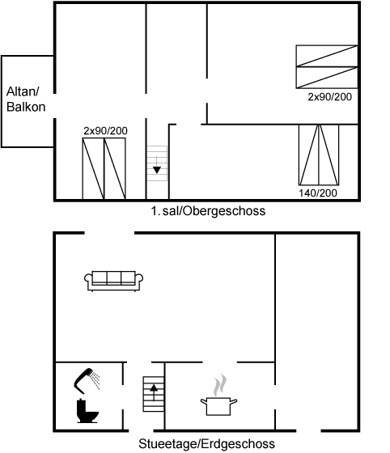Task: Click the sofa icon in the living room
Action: (x=113, y=281)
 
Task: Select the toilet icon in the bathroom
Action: (x=87, y=411)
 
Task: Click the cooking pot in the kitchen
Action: (x=218, y=406)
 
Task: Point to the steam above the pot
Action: (x=220, y=385)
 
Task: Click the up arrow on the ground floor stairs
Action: (x=154, y=392)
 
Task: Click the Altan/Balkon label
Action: (x=26, y=99)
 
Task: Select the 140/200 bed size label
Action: (x=318, y=193)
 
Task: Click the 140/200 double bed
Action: (x=319, y=155)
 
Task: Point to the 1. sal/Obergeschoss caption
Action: (x=208, y=211)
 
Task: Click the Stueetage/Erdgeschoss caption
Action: (x=206, y=443)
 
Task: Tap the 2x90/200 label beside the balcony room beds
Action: (x=105, y=131)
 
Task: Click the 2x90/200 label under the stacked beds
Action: (x=329, y=97)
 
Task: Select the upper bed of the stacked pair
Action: (x=327, y=56)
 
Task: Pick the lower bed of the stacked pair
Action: (x=327, y=78)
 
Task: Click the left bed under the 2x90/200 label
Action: (x=93, y=168)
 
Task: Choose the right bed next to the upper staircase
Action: (x=115, y=168)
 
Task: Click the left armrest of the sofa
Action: (x=88, y=280)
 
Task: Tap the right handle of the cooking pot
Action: (x=233, y=402)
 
